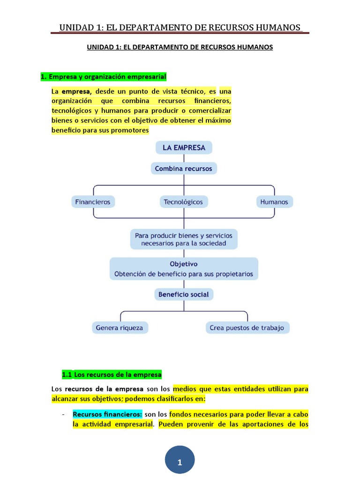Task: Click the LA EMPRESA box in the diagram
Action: point(184,148)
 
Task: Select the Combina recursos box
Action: point(183,168)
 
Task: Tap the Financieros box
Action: point(92,202)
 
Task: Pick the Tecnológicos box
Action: point(183,202)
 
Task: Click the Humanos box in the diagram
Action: point(275,202)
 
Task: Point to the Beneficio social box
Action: point(183,294)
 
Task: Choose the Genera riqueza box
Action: point(120,328)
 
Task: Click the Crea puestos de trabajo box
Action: point(247,328)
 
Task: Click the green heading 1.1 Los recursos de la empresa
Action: point(112,375)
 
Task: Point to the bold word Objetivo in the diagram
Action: point(183,264)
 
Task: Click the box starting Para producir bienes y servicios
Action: point(183,239)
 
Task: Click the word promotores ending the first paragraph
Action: point(128,130)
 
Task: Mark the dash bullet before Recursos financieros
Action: point(63,414)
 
